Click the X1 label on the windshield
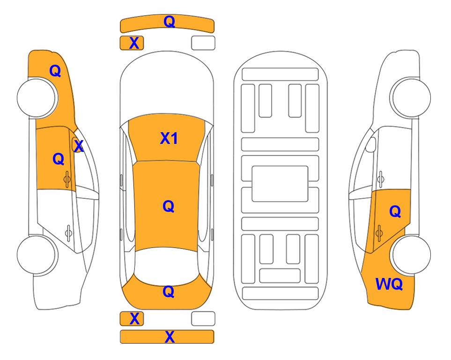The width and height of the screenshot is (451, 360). coord(169,138)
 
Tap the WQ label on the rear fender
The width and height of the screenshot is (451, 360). coord(389,284)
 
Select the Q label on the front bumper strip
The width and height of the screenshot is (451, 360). coord(169,21)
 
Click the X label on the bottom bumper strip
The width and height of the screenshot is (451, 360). coord(170,337)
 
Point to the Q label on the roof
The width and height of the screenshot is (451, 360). coord(168,206)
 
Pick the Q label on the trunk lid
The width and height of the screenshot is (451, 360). coord(168,292)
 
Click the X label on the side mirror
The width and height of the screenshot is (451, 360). coord(79,146)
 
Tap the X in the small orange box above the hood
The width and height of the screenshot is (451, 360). coord(134,43)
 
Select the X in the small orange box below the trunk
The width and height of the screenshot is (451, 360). coord(134,319)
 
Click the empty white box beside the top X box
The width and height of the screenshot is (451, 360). coord(203,43)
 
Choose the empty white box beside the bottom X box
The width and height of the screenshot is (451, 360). coord(203,319)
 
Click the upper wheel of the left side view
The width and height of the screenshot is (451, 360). coord(37,97)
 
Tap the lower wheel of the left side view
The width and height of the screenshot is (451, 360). coord(37,255)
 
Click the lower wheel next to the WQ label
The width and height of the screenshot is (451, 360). coord(410,255)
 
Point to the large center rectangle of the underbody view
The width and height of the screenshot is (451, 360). coord(280,184)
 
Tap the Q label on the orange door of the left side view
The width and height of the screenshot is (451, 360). coord(59,159)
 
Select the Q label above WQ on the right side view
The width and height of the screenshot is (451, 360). coord(395,211)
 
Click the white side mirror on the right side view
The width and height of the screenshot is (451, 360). coord(371,145)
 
